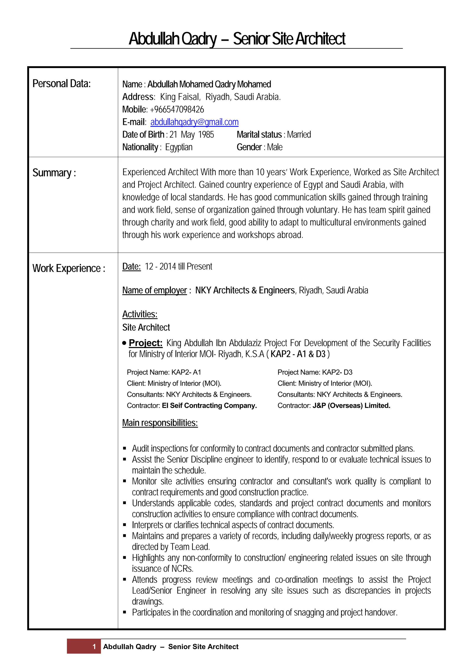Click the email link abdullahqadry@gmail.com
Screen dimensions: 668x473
pos(194,122)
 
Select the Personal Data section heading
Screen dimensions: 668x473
pos(61,84)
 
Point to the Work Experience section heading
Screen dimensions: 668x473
pos(69,268)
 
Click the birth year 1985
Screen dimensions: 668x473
pos(206,134)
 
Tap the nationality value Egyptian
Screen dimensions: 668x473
pos(179,147)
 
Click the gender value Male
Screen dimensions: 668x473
pos(275,147)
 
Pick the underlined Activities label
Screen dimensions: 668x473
pos(139,314)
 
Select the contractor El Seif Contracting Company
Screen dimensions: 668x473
pos(209,406)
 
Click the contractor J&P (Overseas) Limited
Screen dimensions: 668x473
pos(351,406)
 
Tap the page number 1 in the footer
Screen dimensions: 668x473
pos(94,647)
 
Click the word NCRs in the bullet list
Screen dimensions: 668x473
pos(182,569)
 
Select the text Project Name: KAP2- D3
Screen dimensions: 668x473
pos(315,372)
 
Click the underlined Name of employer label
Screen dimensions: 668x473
pos(155,290)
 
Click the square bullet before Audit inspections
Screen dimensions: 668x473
pos(124,449)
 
